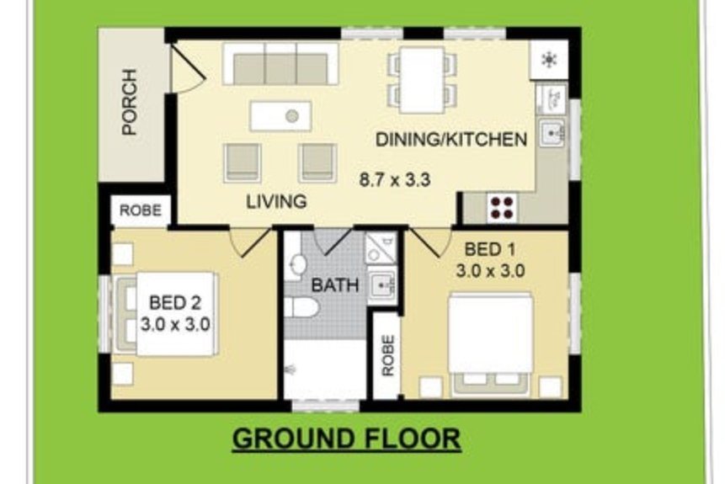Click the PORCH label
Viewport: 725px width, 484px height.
(130, 102)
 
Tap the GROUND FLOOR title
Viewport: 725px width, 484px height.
(347, 439)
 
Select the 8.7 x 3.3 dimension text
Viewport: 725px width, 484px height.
(395, 179)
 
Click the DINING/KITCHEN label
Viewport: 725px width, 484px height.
(451, 139)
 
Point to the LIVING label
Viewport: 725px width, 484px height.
(276, 201)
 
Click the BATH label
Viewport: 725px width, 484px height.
(335, 285)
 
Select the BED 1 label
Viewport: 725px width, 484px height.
(490, 250)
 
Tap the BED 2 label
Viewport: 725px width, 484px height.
(175, 303)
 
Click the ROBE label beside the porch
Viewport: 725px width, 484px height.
(141, 210)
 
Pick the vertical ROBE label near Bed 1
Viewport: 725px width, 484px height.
(388, 355)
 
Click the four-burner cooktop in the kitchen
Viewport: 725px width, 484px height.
(503, 208)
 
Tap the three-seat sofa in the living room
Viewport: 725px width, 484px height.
(280, 64)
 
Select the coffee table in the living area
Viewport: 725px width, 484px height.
(280, 116)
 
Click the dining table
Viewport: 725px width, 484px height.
(422, 80)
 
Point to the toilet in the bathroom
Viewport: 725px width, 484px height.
(301, 307)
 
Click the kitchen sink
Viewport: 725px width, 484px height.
(552, 133)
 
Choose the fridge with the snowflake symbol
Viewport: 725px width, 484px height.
(549, 60)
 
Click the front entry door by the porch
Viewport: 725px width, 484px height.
(187, 67)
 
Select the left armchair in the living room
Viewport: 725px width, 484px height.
(243, 162)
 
